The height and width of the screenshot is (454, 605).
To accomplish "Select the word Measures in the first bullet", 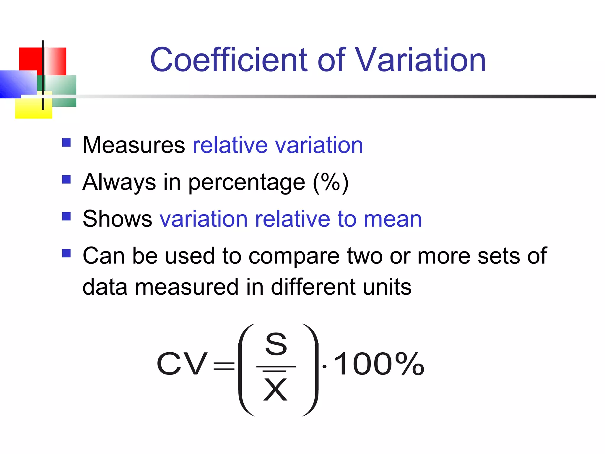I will pyautogui.click(x=134, y=145).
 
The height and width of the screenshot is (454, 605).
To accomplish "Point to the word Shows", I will pyautogui.click(x=117, y=219).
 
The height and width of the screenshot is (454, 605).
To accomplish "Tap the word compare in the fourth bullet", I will pyautogui.click(x=294, y=256).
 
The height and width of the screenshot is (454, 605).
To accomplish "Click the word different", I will pyautogui.click(x=313, y=287).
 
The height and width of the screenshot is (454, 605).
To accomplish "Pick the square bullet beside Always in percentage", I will pyautogui.click(x=66, y=179).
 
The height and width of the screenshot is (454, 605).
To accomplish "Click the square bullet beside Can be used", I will pyautogui.click(x=66, y=253).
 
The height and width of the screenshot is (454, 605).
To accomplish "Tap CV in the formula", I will pyautogui.click(x=182, y=364).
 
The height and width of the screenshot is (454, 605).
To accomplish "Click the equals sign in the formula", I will pyautogui.click(x=224, y=367).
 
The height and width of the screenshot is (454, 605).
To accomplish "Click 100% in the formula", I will pyautogui.click(x=379, y=364).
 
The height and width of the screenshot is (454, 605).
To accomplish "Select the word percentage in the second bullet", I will pyautogui.click(x=247, y=183).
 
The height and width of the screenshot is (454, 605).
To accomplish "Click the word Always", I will pyautogui.click(x=119, y=182).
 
